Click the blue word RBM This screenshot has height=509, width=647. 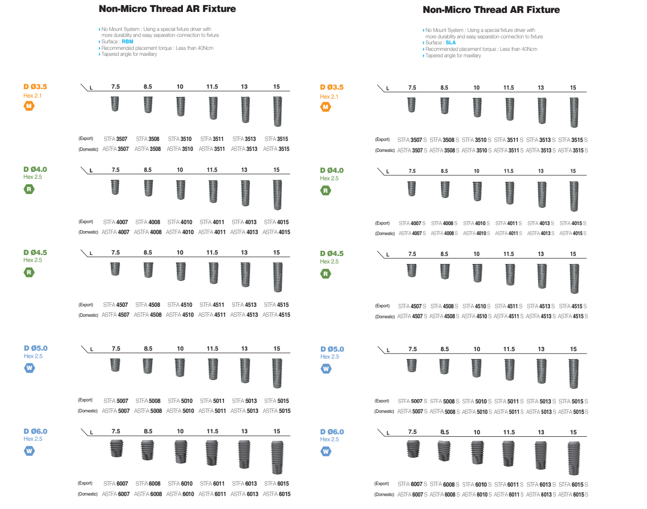click(128, 42)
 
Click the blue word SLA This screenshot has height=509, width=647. click(451, 43)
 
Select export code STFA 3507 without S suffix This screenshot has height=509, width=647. click(116, 139)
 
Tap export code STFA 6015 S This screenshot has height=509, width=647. click(573, 485)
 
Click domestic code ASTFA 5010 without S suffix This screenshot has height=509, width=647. click(180, 411)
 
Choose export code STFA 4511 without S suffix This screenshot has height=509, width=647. click(212, 305)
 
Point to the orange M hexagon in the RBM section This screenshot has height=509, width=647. click(29, 106)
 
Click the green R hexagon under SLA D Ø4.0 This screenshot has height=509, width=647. click(325, 190)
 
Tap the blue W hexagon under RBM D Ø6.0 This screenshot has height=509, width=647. click(29, 451)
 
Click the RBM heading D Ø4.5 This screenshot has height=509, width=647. click(35, 253)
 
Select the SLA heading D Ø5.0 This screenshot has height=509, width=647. click(332, 349)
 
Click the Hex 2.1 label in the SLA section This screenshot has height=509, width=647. click(329, 97)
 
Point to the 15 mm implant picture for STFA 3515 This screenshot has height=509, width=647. click(277, 112)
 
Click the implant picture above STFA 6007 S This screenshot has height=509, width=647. click(413, 449)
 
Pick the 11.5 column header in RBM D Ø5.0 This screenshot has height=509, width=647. click(212, 349)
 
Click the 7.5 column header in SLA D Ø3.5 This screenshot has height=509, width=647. click(412, 88)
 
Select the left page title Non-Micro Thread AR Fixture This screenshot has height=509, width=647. click(167, 9)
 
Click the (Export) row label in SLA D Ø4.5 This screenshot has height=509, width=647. click(382, 306)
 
